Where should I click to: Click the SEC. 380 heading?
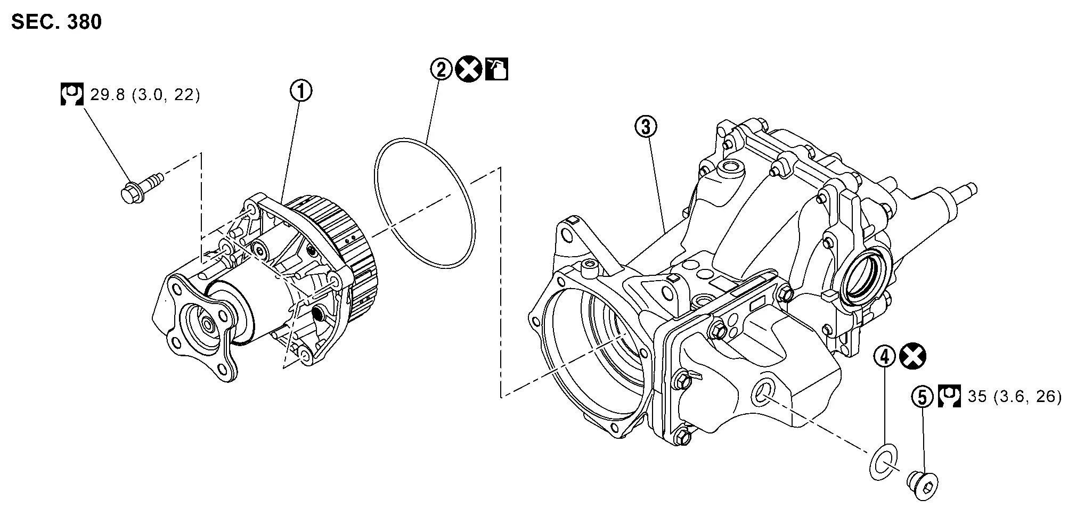[56, 22]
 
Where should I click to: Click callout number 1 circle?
[301, 91]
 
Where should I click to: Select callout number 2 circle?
[442, 69]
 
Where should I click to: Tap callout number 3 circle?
[646, 127]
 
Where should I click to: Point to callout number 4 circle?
[885, 357]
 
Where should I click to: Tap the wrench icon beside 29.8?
[71, 94]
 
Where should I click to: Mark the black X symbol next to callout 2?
[469, 69]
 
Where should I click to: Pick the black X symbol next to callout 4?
[912, 357]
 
